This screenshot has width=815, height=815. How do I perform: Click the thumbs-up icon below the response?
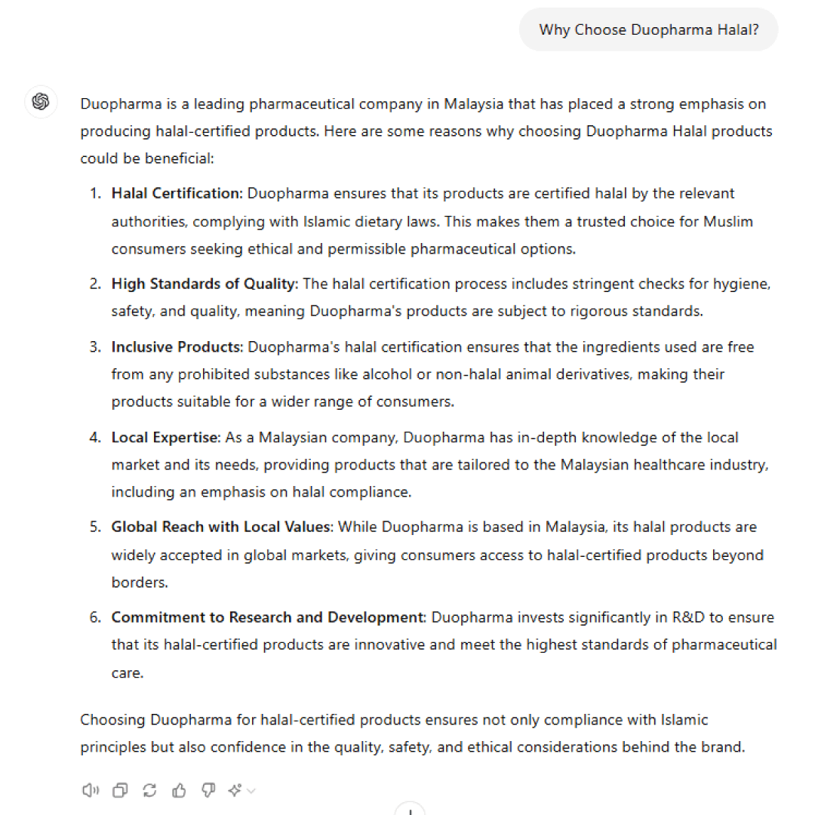179,790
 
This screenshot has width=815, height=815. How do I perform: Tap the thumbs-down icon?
208,790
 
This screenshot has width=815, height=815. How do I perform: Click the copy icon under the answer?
120,790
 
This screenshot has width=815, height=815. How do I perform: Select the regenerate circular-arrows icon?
149,790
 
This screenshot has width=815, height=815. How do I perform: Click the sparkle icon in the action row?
235,790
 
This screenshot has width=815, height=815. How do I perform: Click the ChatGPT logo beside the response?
41,101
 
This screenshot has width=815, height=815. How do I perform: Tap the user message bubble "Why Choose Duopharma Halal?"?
648,30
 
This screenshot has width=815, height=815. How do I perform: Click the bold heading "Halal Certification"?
176,193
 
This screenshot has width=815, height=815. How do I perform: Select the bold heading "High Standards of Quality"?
204,284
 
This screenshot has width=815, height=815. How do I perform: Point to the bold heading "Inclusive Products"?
177,347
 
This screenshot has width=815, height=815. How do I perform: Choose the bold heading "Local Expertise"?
165,438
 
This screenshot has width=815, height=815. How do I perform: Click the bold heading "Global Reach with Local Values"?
221,527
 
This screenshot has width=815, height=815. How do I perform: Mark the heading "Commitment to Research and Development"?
268,617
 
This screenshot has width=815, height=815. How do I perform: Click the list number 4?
95,438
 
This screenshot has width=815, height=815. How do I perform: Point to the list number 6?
95,617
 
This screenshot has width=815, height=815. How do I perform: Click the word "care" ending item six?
126,672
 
